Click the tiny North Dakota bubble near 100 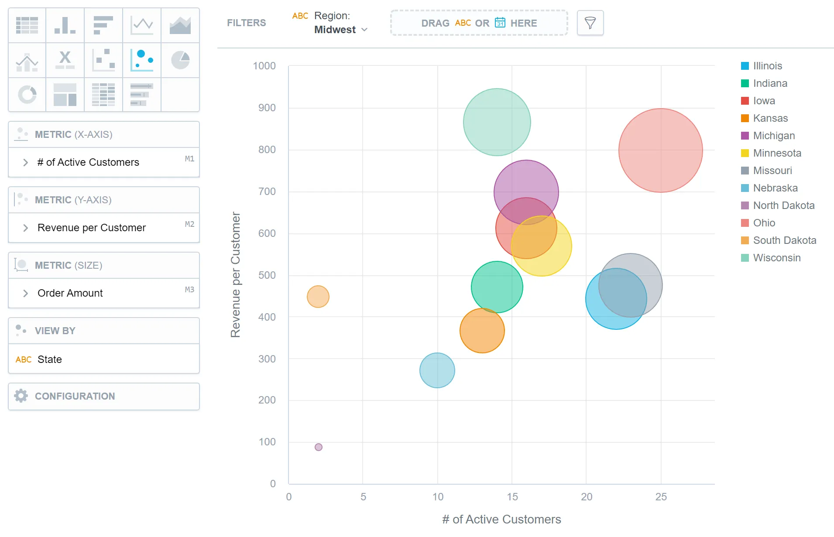coord(319,447)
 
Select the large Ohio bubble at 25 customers coord(660,150)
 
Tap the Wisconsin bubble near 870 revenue coord(497,122)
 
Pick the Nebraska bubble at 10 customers coord(437,370)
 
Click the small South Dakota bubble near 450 coord(318,297)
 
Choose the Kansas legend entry coord(770,118)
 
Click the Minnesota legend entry coord(776,153)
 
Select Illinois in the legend coord(767,66)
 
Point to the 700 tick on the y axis coord(267,192)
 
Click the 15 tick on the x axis coord(512,497)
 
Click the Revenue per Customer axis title coord(236,275)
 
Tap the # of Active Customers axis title coord(501,520)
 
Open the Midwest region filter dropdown coord(341,30)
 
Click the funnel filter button coord(590,23)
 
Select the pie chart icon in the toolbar coord(180,60)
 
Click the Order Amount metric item coord(70,293)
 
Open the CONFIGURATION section coord(75,396)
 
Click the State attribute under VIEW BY coord(49,359)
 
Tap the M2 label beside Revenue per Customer coord(189,224)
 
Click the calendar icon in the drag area coord(500,23)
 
